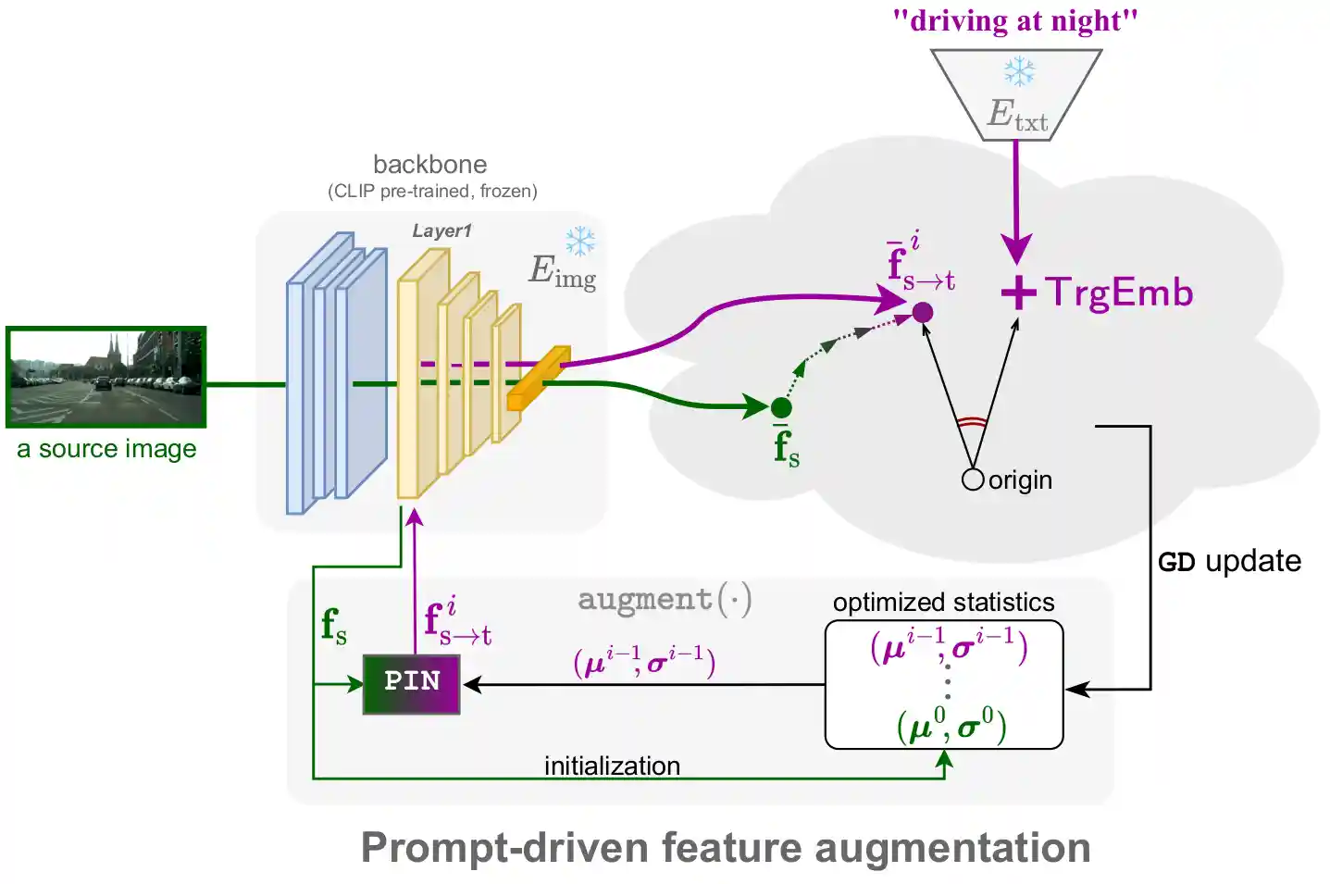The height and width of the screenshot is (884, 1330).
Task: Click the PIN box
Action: (411, 684)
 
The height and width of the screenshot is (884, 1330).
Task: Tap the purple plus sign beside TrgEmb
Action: (1018, 293)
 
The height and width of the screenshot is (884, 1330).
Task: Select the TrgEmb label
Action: (1120, 293)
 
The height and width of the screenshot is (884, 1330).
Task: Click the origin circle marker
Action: (973, 479)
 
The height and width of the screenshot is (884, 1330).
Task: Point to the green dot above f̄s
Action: (781, 407)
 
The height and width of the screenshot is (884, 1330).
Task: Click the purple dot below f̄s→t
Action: (923, 313)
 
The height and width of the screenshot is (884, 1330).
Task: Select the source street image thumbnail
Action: (106, 377)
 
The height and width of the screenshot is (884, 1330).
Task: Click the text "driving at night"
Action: (1015, 20)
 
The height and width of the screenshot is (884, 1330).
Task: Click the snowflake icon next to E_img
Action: (580, 242)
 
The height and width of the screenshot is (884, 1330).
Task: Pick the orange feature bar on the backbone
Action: (538, 378)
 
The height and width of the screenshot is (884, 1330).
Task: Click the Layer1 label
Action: (441, 231)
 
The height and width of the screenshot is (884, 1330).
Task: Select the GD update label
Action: (1229, 562)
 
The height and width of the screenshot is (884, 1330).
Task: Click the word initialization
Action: (612, 766)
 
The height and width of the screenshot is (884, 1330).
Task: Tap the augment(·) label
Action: (665, 600)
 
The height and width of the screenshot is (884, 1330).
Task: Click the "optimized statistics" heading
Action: (943, 603)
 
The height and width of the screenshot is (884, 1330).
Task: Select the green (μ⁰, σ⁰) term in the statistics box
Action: (951, 725)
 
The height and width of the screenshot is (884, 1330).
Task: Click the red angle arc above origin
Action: (972, 423)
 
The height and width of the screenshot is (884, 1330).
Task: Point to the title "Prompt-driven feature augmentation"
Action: (726, 848)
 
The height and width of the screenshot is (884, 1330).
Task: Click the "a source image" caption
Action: (106, 449)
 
